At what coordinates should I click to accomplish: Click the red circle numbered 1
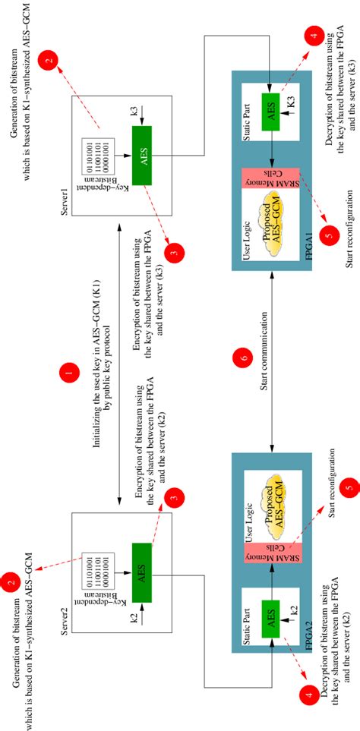(70, 372)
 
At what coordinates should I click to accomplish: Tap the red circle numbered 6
(244, 357)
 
